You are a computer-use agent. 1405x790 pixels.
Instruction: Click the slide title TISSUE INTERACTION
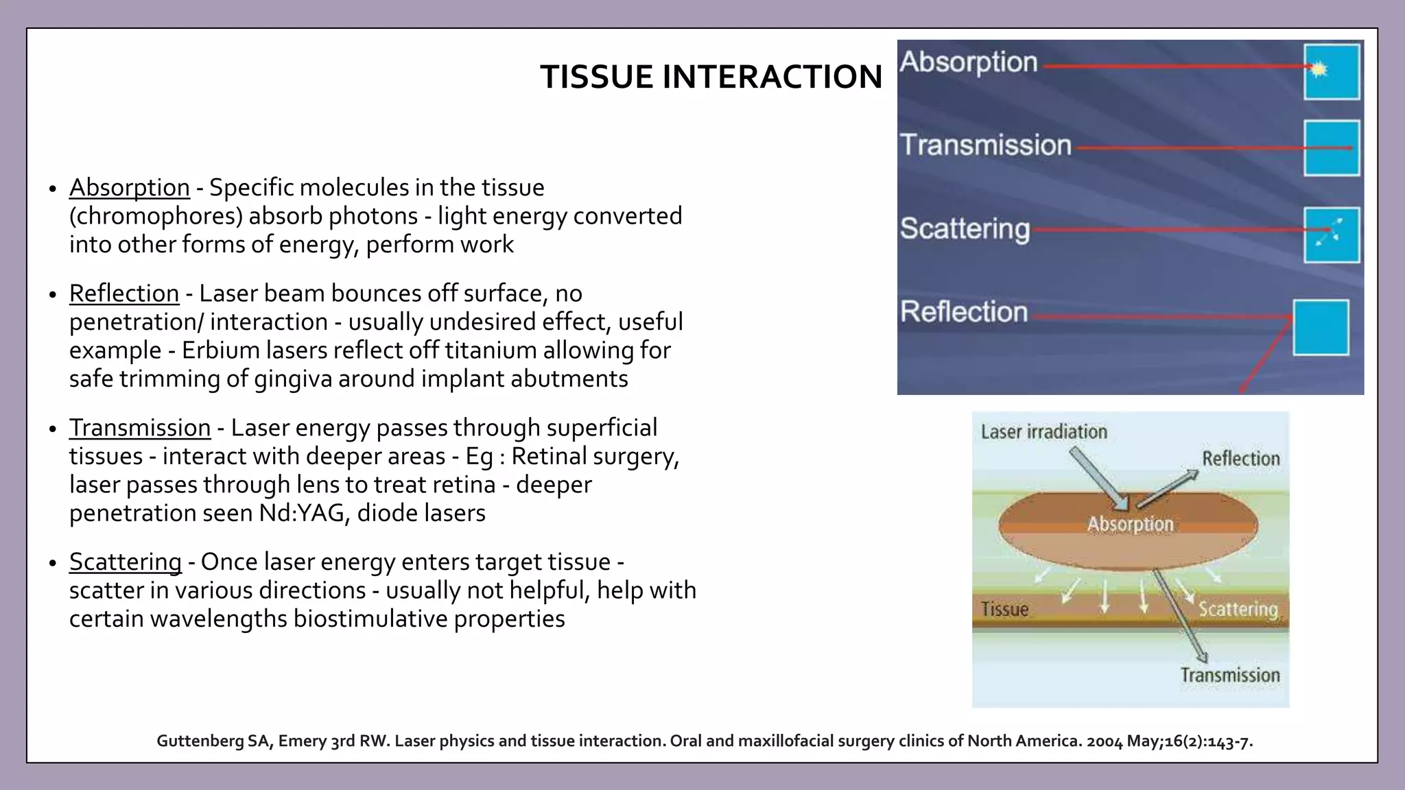[x=711, y=76]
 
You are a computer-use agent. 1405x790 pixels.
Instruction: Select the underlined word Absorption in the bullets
[x=129, y=187]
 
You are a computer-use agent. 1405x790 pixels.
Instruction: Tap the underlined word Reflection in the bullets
[x=123, y=293]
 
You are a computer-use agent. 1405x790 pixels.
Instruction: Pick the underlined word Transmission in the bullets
[x=139, y=427]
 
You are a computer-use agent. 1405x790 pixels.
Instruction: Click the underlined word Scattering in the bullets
[x=125, y=562]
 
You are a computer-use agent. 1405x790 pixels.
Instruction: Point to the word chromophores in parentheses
[x=156, y=216]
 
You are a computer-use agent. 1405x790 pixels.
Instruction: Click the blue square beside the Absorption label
[x=1332, y=72]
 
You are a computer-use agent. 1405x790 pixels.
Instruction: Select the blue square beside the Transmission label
[x=1332, y=148]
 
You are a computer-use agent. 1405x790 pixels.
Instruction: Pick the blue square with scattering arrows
[x=1332, y=235]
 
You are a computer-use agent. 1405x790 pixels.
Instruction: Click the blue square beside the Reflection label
[x=1321, y=327]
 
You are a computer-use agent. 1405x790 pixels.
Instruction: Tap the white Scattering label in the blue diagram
[x=965, y=228]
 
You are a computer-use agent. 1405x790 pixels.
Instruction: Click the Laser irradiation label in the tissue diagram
[x=1043, y=432]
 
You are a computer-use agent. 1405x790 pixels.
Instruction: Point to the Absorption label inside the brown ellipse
[x=1130, y=524]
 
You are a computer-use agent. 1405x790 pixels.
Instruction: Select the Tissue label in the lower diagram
[x=1004, y=609]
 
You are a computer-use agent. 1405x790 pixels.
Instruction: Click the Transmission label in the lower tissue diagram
[x=1229, y=675]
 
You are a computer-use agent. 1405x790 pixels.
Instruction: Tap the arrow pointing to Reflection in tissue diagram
[x=1168, y=489]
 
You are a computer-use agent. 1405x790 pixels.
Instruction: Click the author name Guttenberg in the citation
[x=201, y=741]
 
